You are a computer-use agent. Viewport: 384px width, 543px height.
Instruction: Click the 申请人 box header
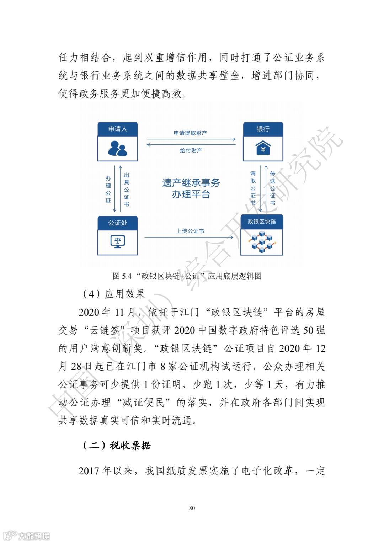pyautogui.click(x=117, y=129)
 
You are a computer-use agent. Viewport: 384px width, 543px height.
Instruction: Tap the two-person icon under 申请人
pyautogui.click(x=117, y=149)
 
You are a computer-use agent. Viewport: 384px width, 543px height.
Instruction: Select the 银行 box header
pyautogui.click(x=263, y=129)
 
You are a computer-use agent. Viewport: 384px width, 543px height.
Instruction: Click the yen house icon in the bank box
pyautogui.click(x=263, y=148)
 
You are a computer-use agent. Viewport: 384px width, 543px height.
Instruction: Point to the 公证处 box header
pyautogui.click(x=117, y=223)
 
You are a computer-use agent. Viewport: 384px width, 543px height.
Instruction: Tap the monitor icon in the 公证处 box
pyautogui.click(x=117, y=241)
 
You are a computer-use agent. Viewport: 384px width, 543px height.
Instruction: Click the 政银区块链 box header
pyautogui.click(x=262, y=222)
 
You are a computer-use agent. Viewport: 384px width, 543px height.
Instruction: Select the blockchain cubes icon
pyautogui.click(x=262, y=242)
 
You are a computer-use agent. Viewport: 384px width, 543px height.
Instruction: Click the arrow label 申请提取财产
pyautogui.click(x=190, y=133)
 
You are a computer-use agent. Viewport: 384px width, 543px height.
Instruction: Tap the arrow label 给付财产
pyautogui.click(x=191, y=150)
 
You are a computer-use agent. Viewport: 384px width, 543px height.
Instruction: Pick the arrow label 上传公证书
pyautogui.click(x=190, y=231)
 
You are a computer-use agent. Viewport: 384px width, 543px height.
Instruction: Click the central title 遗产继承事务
pyautogui.click(x=191, y=183)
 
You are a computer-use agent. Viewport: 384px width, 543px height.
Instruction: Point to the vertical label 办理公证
pyautogui.click(x=108, y=189)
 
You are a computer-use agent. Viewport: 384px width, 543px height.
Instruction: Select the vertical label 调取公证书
pyautogui.click(x=253, y=188)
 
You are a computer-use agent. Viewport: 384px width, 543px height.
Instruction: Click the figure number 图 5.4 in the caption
pyautogui.click(x=122, y=276)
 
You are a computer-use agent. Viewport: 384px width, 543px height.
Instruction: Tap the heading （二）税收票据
pyautogui.click(x=116, y=446)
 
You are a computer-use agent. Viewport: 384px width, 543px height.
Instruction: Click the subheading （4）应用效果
pyautogui.click(x=114, y=294)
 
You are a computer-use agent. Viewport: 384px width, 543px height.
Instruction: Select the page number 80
pyautogui.click(x=192, y=508)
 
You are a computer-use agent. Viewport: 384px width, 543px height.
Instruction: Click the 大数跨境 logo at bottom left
pyautogui.click(x=27, y=536)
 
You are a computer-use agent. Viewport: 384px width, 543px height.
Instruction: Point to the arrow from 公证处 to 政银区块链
pyautogui.click(x=188, y=237)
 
